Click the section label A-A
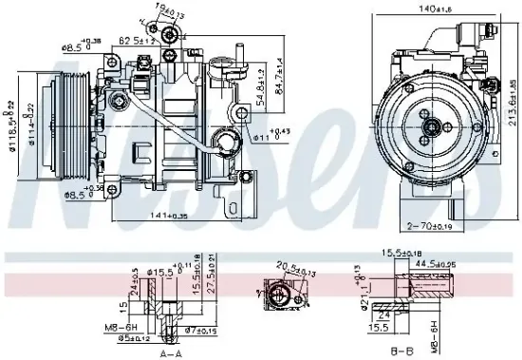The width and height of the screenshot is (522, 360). [172, 351]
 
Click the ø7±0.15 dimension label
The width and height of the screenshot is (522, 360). [199, 330]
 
